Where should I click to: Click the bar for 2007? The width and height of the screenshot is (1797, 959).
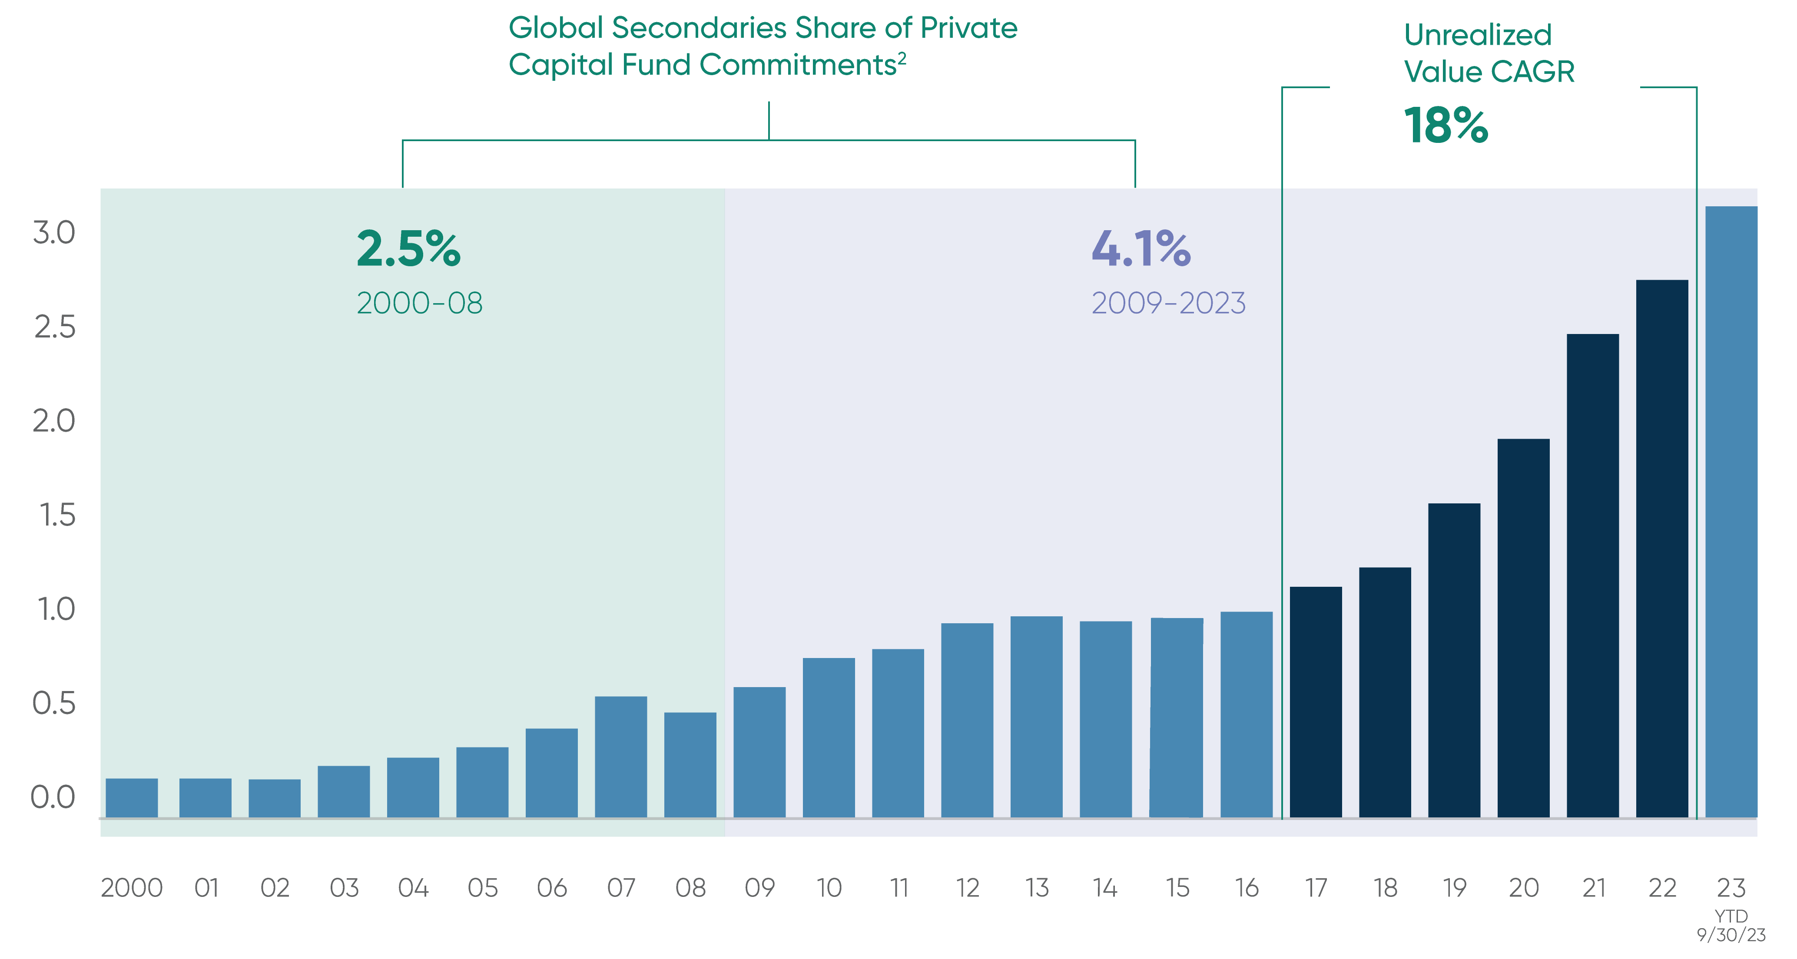(x=621, y=756)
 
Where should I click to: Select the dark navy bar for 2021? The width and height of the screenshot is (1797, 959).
(x=1593, y=575)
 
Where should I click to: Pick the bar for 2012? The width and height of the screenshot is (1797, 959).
(x=967, y=720)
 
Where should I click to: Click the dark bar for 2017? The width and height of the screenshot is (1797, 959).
(x=1316, y=701)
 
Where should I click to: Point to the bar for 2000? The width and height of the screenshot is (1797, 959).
(x=132, y=797)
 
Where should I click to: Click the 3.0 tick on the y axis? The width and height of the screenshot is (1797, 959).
(x=54, y=233)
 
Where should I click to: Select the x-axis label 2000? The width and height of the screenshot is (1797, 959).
(x=132, y=888)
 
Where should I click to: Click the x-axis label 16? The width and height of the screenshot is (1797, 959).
(x=1247, y=888)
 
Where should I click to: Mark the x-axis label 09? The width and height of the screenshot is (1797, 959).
(x=759, y=888)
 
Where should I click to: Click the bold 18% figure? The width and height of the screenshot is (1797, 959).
(x=1446, y=126)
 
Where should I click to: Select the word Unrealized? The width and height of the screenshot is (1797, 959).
(x=1478, y=35)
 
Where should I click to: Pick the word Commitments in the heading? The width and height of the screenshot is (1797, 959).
(x=797, y=65)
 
